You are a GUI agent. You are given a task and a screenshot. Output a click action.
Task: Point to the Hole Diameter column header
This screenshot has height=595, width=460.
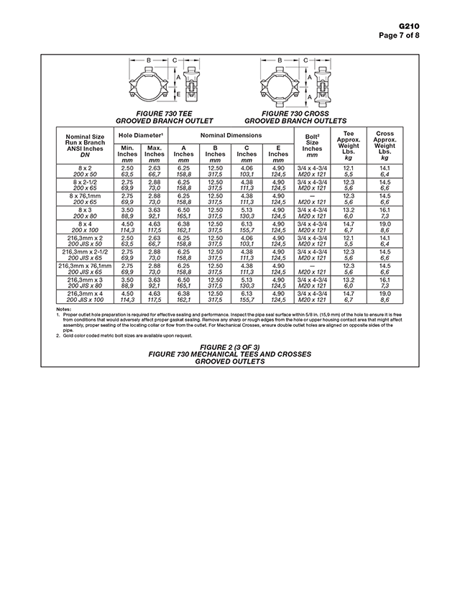pyautogui.click(x=140, y=135)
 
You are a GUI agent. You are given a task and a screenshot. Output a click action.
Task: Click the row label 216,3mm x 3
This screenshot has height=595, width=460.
pyautogui.click(x=86, y=281)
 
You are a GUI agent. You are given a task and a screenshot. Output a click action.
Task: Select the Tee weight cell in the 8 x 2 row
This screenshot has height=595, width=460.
pyautogui.click(x=349, y=171)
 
